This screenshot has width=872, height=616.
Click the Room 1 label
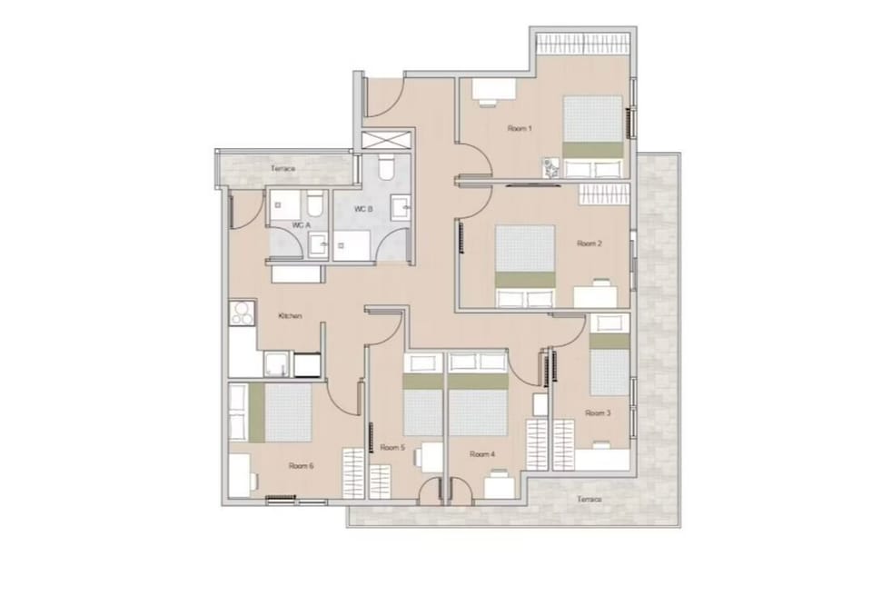pos(520,128)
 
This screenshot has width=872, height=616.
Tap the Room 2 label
pos(589,243)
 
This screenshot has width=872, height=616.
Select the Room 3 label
pos(598,412)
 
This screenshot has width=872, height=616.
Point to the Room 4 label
pos(482,454)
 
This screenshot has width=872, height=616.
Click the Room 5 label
pos(392,447)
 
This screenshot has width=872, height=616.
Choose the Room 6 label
pos(301,466)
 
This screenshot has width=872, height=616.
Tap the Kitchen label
pos(290,316)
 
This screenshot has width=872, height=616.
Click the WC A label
pos(301,224)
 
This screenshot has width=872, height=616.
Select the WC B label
pos(363,209)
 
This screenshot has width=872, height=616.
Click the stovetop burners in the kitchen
pos(242,313)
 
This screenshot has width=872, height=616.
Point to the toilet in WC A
pos(315,204)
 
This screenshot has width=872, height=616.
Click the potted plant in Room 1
pos(552,168)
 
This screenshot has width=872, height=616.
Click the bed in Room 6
pos(271,412)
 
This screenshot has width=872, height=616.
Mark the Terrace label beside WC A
pos(283,168)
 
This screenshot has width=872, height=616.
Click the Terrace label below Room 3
pos(590,499)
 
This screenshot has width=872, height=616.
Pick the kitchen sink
pos(276,365)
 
